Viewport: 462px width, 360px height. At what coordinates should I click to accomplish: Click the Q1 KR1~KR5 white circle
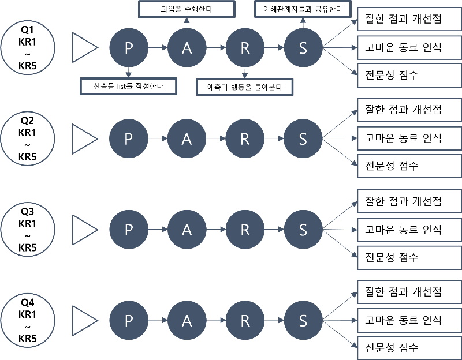[x=28, y=47]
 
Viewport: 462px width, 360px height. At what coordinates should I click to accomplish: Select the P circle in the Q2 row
[x=129, y=138]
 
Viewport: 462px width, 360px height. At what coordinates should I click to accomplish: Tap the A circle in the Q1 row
[x=187, y=48]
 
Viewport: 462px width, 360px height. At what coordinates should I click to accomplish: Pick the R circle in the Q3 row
[x=245, y=229]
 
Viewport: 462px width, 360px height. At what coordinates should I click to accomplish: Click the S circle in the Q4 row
[x=303, y=320]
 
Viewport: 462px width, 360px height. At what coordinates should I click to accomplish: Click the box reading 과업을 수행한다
[x=186, y=9]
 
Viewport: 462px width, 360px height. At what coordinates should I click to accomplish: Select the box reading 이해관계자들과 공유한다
[x=303, y=9]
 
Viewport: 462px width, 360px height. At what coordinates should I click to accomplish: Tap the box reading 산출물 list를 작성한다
[x=128, y=87]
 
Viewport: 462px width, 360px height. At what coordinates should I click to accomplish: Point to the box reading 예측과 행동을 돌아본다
[x=244, y=87]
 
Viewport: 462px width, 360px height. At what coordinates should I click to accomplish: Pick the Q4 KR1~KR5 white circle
[x=28, y=320]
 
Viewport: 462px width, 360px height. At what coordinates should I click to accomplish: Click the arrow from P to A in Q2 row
[x=158, y=138]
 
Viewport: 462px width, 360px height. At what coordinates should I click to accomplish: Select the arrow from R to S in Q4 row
[x=274, y=320]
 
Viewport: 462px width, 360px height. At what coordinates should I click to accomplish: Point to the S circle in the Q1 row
[x=303, y=48]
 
